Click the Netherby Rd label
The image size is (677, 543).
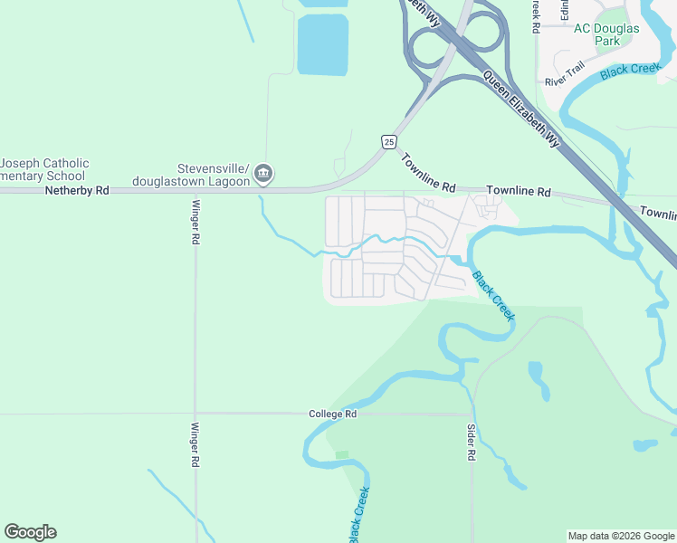[x=76, y=191]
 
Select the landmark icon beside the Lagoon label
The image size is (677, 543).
[x=264, y=173]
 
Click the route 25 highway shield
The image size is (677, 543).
[x=388, y=141]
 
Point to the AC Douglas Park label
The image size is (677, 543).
[x=606, y=34]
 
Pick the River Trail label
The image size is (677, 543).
[x=565, y=73]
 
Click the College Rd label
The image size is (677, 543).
[x=332, y=414]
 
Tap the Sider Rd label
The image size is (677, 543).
[x=472, y=443]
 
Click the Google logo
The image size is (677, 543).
[x=30, y=532]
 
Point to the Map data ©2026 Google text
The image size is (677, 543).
[x=620, y=536]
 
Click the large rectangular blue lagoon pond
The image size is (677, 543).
[x=322, y=44]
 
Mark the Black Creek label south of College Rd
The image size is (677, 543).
[x=359, y=515]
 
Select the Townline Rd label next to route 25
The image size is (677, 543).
[x=428, y=171]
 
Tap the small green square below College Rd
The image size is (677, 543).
[x=341, y=454]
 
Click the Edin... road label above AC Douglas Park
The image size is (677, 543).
[x=563, y=9]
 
